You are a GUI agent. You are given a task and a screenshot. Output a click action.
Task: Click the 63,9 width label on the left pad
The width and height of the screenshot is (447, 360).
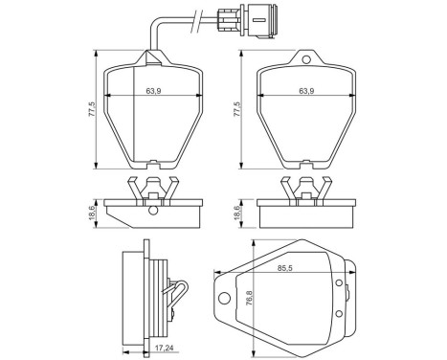tap(151, 91)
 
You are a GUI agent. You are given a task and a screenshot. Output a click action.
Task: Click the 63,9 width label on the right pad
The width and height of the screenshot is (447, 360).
tap(306, 91)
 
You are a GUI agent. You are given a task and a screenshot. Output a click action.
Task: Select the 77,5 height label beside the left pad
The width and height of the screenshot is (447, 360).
tap(92, 109)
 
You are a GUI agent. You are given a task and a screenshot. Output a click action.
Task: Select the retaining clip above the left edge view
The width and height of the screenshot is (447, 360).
tap(151, 188)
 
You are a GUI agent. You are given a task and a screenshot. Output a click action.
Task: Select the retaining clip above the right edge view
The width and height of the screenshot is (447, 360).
tap(305, 188)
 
